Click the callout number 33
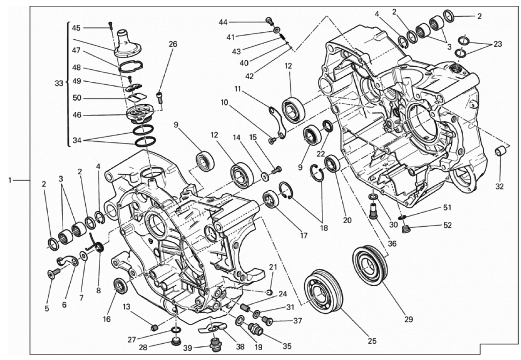coord(59,83)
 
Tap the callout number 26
coord(173,44)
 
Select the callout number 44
coord(223,22)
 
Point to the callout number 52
coord(448,225)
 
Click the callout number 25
coord(372,341)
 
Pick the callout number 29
coord(408,319)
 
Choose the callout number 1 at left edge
coord(10,180)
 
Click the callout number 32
coord(499,186)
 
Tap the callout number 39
coord(188,348)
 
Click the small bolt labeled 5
coord(53,273)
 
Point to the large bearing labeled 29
coord(370,266)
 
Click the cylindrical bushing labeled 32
coord(500,151)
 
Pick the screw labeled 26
coord(159,97)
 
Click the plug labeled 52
coord(405,229)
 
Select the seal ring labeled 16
coord(120,285)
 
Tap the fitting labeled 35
coord(256,329)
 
